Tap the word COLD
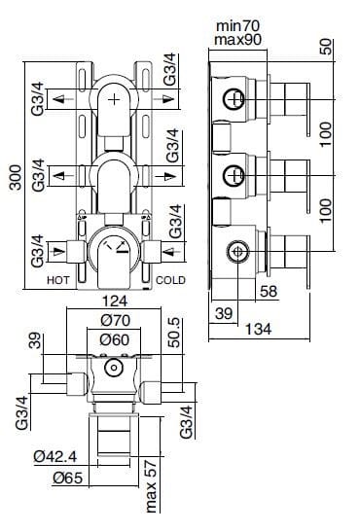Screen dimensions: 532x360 (170, 278)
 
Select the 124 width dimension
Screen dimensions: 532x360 (114, 301)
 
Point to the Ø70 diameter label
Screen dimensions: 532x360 (114, 319)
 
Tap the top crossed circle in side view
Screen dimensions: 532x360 (234, 98)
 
